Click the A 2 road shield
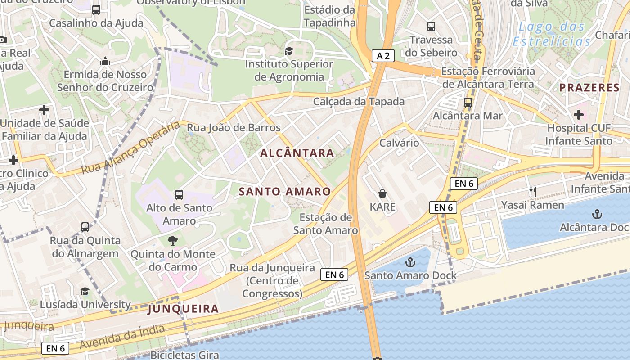(383, 56)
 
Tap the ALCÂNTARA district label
(297, 153)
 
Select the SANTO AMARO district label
(285, 192)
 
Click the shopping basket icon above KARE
(382, 193)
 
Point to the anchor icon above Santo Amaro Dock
(410, 262)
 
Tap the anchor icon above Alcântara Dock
(597, 214)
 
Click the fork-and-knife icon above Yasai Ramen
(533, 192)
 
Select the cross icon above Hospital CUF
(579, 115)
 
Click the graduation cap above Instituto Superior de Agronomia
(288, 51)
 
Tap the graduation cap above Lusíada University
(85, 291)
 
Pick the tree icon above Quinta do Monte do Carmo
(173, 241)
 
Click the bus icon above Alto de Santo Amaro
(179, 195)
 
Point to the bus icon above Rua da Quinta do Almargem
(85, 227)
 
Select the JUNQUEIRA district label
(183, 309)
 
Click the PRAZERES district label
(589, 88)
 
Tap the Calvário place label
(399, 143)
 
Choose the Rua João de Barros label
(234, 128)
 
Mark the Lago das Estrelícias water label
(552, 34)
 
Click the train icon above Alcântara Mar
(468, 103)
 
